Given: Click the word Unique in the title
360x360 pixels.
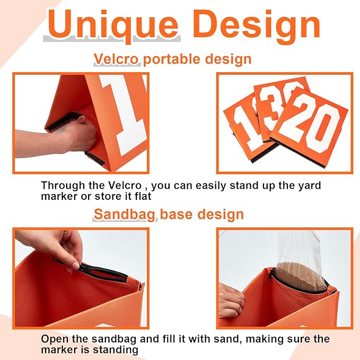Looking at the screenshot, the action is pos(112,25).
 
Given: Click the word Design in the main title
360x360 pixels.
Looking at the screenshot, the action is pos(257,25).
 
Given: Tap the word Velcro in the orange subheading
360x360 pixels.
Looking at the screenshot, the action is pos(116,59).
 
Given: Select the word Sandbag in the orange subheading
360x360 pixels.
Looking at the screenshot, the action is pos(124,214).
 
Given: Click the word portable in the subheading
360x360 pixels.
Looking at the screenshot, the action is pos(172,60).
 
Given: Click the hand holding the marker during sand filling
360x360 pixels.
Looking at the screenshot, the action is pos(231,301).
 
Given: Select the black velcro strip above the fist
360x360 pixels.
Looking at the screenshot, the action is pos(65,121).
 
